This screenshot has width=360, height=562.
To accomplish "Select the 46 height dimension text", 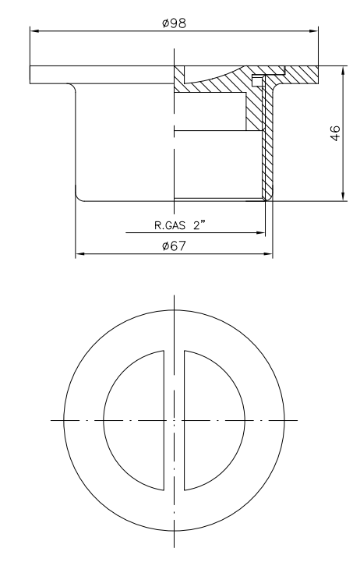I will [x=334, y=133].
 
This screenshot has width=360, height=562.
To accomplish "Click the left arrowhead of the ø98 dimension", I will [x=34, y=32].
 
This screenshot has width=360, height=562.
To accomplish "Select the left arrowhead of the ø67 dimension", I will [x=79, y=254].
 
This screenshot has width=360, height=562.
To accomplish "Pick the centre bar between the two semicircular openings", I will [x=174, y=421].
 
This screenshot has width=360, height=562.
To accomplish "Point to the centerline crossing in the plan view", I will [x=174, y=421].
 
